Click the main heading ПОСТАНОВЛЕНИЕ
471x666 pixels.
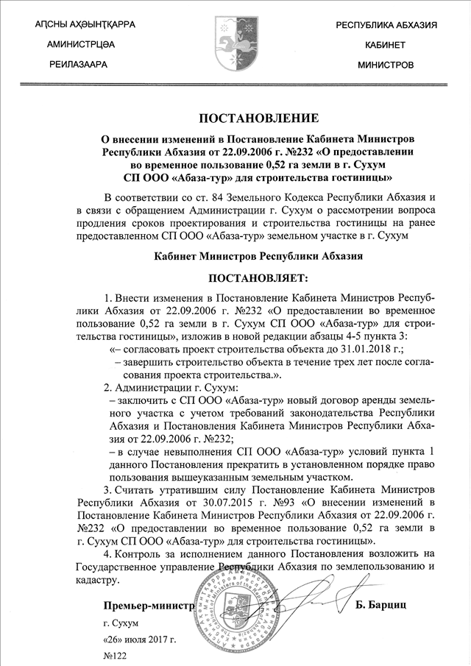(x=258, y=118)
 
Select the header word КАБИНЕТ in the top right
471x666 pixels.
(x=386, y=45)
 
